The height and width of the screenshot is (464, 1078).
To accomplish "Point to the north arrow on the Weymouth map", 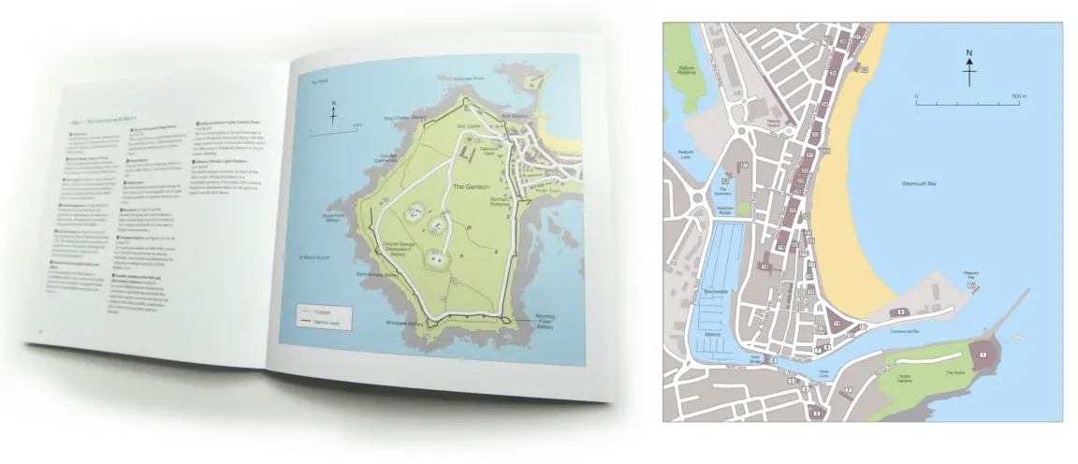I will (x=969, y=67).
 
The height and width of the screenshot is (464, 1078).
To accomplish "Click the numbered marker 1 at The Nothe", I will (x=983, y=356).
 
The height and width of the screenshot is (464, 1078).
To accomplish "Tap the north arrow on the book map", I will (x=334, y=113).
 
